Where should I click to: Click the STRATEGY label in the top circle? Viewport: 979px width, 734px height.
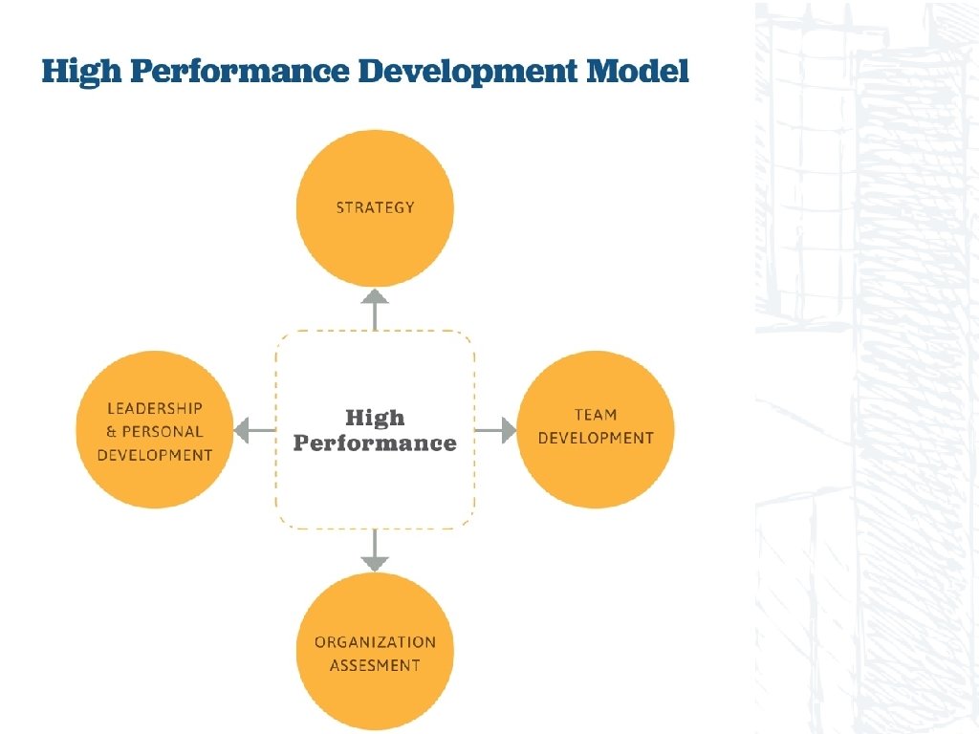pos(375,207)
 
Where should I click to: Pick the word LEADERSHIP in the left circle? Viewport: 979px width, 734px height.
pos(155,408)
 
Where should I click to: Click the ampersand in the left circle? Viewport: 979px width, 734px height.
pos(111,432)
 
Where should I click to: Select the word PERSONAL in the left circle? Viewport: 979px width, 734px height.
pos(163,432)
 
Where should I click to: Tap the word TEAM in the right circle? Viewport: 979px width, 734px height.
pos(596,415)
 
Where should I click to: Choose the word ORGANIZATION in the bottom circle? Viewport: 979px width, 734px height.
pos(375,642)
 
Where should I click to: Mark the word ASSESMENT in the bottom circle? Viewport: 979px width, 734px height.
pos(375,665)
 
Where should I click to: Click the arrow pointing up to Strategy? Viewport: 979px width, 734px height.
pos(375,308)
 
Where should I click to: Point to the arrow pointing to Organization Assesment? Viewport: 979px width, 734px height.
pos(375,551)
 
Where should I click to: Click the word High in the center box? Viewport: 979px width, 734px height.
pos(375,418)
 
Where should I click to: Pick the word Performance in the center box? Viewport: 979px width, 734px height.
pos(375,443)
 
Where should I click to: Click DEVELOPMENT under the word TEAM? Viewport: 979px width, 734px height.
pos(596,438)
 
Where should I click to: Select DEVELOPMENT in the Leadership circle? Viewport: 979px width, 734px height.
pos(155,455)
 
